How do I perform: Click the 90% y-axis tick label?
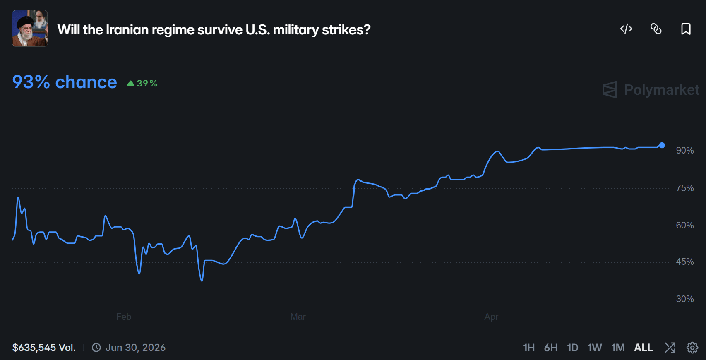click(684, 151)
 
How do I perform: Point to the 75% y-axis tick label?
click(684, 188)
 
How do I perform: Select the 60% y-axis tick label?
click(684, 226)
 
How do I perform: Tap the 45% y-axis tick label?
click(684, 262)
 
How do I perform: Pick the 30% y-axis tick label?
click(684, 299)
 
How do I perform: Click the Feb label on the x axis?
click(124, 317)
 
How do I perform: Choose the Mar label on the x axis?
click(298, 317)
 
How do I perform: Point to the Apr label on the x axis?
click(491, 317)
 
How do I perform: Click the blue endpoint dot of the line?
click(662, 145)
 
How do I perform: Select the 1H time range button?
click(528, 348)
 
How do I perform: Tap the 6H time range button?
click(551, 348)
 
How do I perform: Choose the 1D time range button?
click(572, 348)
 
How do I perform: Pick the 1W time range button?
click(595, 348)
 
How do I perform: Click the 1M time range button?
click(618, 348)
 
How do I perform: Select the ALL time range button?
click(643, 348)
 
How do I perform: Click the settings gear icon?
click(692, 348)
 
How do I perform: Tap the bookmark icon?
click(686, 29)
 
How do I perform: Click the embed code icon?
click(626, 29)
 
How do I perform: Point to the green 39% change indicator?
click(142, 84)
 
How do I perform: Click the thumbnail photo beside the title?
click(30, 29)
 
